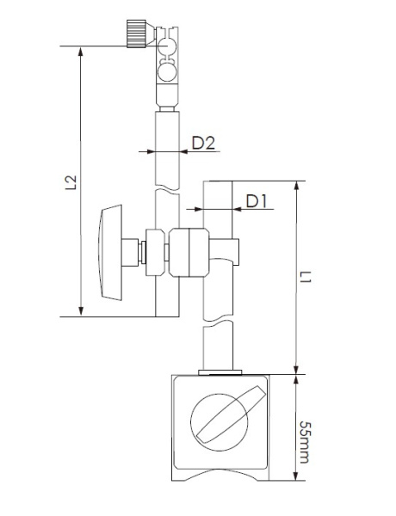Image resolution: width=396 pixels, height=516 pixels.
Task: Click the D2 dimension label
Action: pyautogui.click(x=203, y=143)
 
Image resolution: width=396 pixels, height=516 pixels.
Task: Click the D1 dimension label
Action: pyautogui.click(x=257, y=201)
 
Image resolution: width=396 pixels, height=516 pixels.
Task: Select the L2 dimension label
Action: pyautogui.click(x=71, y=182)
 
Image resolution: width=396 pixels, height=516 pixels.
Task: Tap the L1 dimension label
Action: pyautogui.click(x=306, y=277)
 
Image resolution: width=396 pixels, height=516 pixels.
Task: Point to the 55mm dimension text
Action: pyautogui.click(x=305, y=442)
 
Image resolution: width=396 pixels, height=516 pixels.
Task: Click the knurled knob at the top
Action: pyautogui.click(x=136, y=34)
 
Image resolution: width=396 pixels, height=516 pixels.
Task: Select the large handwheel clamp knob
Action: pyautogui.click(x=110, y=252)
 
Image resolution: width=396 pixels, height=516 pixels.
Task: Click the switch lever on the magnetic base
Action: pyautogui.click(x=231, y=414)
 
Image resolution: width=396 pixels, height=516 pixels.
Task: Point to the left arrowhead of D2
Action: pyautogui.click(x=151, y=151)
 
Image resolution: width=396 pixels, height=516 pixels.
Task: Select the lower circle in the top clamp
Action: pyautogui.click(x=167, y=72)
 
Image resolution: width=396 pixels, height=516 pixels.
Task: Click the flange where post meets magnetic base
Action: pyautogui.click(x=220, y=372)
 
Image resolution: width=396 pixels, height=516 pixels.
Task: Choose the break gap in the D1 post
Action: pyautogui.click(x=218, y=322)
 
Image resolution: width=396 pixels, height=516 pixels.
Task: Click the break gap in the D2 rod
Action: pyautogui.click(x=167, y=192)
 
